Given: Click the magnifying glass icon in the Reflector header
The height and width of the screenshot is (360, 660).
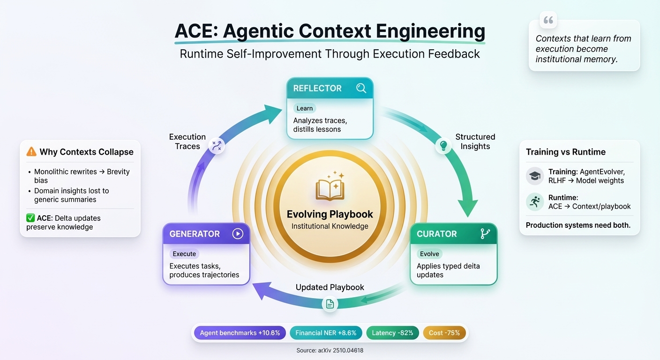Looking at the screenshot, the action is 361,88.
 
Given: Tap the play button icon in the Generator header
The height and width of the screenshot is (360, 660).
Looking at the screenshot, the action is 238,233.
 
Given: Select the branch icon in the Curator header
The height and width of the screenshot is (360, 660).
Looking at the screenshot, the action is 485,233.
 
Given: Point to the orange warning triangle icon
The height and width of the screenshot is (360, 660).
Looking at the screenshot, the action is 31,152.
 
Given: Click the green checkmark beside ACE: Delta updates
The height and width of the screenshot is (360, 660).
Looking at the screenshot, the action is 30,217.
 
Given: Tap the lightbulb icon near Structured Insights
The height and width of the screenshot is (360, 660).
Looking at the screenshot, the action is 443,145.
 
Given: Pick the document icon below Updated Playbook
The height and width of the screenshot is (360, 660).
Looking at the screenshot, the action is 330,304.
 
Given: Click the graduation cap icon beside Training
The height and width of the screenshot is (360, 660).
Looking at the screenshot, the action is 535,176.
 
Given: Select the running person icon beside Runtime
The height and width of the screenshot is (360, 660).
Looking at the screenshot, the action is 535,202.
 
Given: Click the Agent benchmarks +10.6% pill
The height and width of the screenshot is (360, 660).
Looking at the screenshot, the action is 240,333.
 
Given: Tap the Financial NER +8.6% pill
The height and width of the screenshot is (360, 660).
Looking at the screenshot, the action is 326,333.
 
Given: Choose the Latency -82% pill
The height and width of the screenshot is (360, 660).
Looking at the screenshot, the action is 392,333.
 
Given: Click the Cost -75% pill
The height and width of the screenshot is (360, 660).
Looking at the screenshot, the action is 444,333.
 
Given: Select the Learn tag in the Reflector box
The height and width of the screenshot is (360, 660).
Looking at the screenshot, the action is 305,108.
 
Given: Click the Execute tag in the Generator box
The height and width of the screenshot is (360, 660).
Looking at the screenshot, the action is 184,254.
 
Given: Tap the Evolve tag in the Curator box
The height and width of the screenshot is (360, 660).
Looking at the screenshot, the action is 429,254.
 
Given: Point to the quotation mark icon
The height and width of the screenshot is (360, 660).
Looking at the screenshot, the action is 548,20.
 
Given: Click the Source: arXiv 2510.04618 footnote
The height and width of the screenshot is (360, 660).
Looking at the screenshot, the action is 330,350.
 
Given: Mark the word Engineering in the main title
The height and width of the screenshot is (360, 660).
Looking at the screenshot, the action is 431,31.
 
